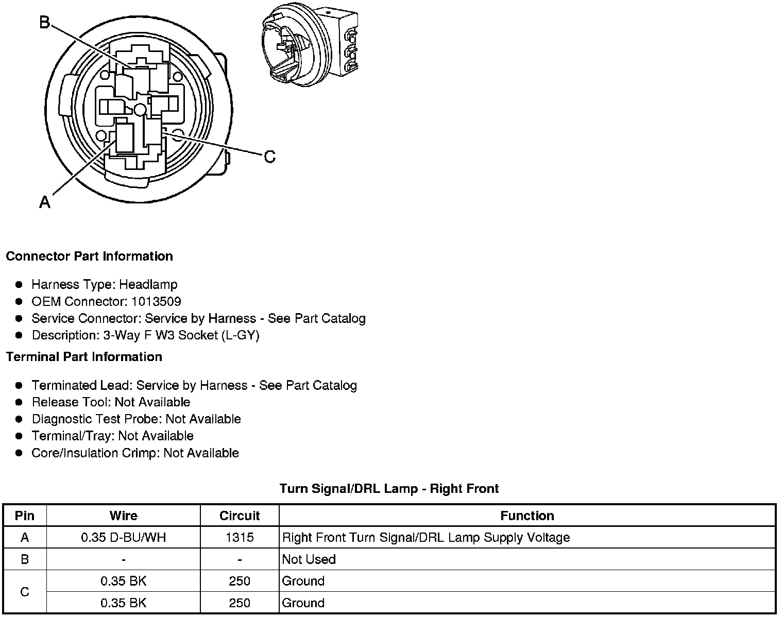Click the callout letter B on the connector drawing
[x=45, y=23]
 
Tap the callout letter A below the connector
[x=45, y=202]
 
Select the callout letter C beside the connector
[x=269, y=156]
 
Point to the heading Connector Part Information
[x=89, y=256]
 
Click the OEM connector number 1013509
[x=156, y=301]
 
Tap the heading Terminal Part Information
[x=84, y=357]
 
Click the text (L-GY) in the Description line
[x=241, y=335]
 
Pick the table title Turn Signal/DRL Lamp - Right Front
[x=389, y=488]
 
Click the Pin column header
[x=25, y=516]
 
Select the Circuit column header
[x=240, y=516]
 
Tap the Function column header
[x=527, y=516]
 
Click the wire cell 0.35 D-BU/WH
[x=124, y=538]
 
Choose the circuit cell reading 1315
[x=240, y=538]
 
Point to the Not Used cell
[x=309, y=559]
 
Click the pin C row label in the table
[x=25, y=592]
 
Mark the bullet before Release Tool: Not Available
[x=19, y=402]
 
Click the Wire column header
[x=124, y=516]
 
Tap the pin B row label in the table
[x=25, y=559]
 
